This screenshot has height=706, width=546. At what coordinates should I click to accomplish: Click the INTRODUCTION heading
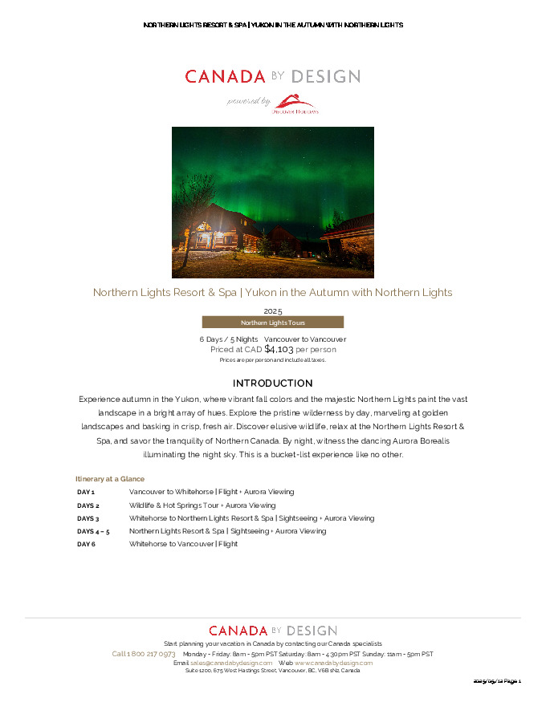(272, 383)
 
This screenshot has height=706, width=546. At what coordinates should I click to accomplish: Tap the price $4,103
(279, 349)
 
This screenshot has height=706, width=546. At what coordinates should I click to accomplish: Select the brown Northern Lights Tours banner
(272, 323)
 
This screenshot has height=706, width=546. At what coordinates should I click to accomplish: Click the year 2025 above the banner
(272, 310)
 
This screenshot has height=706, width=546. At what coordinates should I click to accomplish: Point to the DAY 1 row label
(86, 492)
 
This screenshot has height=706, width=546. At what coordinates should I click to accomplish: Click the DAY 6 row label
(86, 544)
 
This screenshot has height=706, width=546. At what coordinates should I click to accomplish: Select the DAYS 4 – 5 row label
(93, 531)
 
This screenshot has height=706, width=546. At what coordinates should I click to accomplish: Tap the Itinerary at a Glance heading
(110, 478)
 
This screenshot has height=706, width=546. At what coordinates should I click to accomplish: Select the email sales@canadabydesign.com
(231, 663)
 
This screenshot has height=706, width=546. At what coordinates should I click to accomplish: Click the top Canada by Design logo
(272, 77)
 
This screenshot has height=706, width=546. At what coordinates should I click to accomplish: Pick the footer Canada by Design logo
(272, 631)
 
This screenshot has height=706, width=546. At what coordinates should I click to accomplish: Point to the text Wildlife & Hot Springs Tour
(173, 505)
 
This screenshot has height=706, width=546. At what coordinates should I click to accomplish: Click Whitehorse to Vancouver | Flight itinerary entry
(183, 544)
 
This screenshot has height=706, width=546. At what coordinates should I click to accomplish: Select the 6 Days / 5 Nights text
(229, 339)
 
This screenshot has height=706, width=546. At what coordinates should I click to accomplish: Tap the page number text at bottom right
(497, 681)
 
